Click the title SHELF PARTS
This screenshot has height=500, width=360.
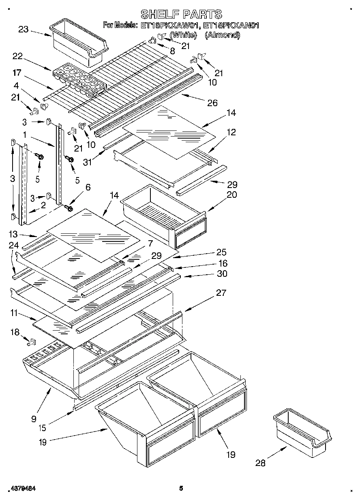(181, 14)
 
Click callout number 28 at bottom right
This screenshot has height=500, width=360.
(260, 462)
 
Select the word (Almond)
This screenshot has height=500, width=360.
(222, 35)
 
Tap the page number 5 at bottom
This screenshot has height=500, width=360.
(181, 489)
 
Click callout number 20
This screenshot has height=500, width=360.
(232, 194)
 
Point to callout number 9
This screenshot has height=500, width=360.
(33, 419)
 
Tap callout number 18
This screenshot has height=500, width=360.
(15, 332)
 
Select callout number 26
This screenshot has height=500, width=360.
(212, 103)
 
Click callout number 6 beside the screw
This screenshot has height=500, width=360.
(88, 187)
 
